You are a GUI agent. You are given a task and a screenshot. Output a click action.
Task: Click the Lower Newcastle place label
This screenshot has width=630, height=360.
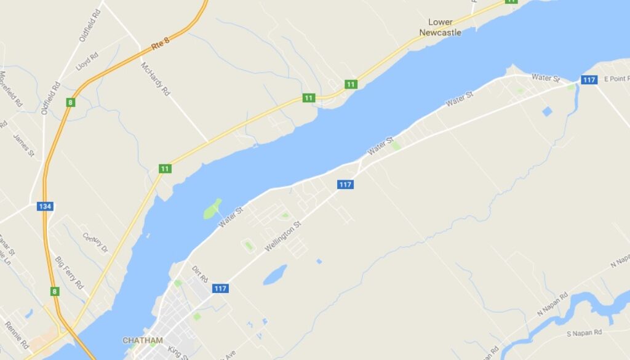click(x=440, y=27)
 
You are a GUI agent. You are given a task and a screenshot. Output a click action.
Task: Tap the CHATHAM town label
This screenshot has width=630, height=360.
click(x=143, y=340)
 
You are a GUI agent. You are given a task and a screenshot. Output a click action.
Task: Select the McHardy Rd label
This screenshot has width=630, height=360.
click(x=155, y=79)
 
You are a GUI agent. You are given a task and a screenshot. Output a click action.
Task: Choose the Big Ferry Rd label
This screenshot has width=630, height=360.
click(x=69, y=273)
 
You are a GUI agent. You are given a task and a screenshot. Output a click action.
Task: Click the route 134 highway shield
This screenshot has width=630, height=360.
click(x=44, y=206)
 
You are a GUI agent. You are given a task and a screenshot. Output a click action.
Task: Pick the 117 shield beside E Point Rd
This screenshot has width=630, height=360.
click(x=588, y=79)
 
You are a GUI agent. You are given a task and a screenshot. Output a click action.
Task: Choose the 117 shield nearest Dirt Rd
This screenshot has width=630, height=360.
click(x=220, y=288)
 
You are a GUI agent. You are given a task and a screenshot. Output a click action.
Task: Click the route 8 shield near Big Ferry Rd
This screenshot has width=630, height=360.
click(x=55, y=291)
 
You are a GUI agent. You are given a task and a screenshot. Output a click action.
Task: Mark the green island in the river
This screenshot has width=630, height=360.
click(x=212, y=209)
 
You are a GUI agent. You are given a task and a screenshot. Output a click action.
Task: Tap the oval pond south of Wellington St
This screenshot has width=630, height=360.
click(x=275, y=274)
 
